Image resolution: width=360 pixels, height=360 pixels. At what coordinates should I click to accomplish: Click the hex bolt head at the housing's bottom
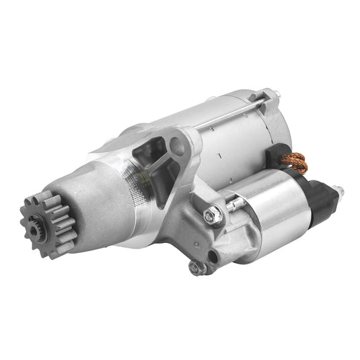point(196,267)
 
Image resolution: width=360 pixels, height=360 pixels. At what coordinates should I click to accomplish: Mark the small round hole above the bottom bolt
point(214,256)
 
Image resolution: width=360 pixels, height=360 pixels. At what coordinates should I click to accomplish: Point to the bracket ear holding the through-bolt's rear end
point(269,98)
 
